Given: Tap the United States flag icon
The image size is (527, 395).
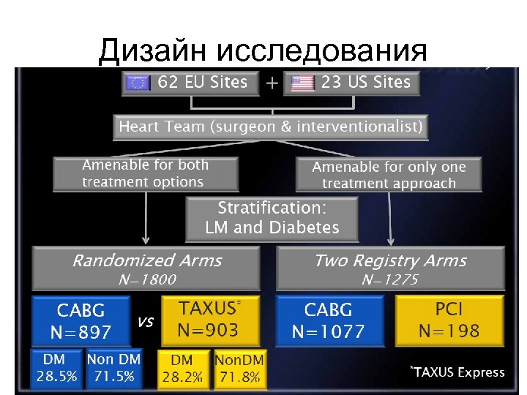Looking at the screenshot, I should pyautogui.click(x=302, y=83).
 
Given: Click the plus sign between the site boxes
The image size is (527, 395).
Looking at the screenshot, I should pyautogui.click(x=272, y=83).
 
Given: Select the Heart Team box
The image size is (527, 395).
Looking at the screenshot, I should pyautogui.click(x=271, y=127).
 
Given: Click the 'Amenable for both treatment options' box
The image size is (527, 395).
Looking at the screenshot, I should pyautogui.click(x=146, y=174).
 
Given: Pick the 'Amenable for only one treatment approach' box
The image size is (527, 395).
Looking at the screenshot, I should pyautogui.click(x=389, y=175).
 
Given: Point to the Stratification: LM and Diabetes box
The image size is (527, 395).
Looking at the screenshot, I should pyautogui.click(x=272, y=218).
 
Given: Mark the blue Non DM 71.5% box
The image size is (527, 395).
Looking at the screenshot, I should pyautogui.click(x=112, y=369).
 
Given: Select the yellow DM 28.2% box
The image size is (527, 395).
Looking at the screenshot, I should pyautogui.click(x=183, y=369).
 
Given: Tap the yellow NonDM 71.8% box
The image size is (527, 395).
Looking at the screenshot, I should pyautogui.click(x=241, y=369).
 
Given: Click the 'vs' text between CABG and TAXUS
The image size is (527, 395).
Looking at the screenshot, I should pyautogui.click(x=145, y=321).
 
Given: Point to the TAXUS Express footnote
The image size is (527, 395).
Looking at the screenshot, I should pyautogui.click(x=457, y=372).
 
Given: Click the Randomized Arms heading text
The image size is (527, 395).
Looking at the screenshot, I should pyautogui.click(x=146, y=260).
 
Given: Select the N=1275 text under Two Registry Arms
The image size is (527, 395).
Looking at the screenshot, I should pyautogui.click(x=390, y=279).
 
